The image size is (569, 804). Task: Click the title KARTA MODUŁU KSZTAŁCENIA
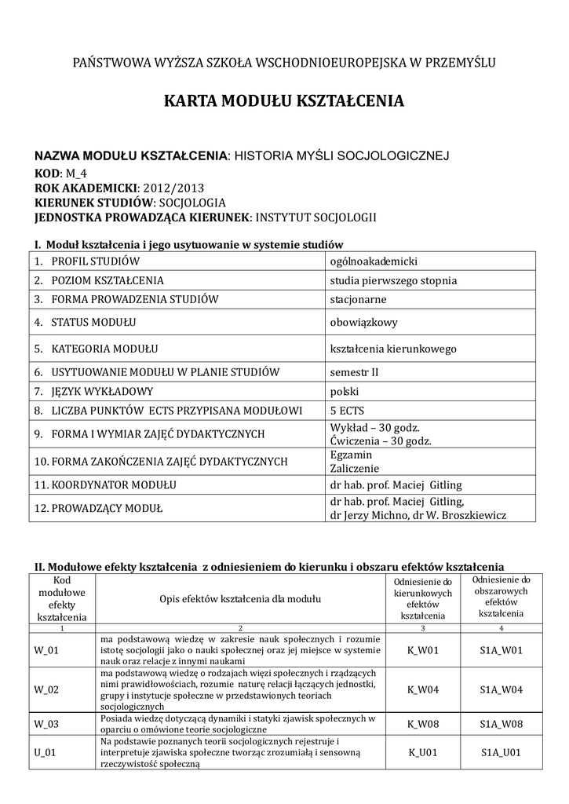283,101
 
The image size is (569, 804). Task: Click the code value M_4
76,174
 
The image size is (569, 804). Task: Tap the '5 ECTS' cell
348,410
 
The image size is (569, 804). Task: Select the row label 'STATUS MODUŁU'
86,322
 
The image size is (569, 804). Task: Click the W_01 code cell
46,650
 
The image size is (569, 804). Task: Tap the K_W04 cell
423,689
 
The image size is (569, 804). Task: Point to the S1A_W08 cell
501,723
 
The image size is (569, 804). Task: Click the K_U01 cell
423,752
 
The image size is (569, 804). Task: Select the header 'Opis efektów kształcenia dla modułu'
240,599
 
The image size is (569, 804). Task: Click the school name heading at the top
283,62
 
